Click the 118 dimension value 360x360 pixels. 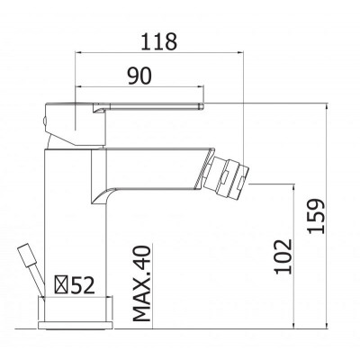tap(159, 41)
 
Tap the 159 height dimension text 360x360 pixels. tap(316, 216)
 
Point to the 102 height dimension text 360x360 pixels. tap(283, 256)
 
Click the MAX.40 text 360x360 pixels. tap(141, 283)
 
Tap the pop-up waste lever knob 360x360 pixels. tap(26, 255)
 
